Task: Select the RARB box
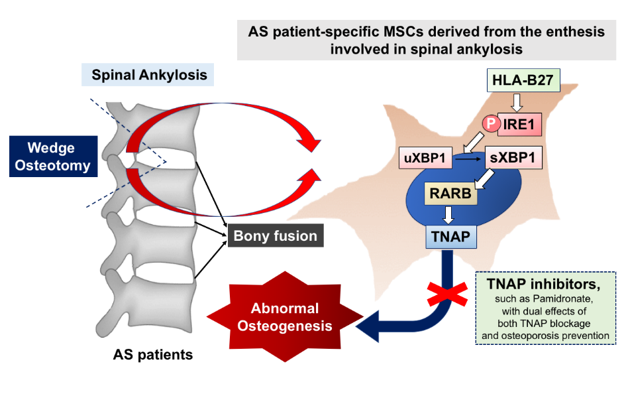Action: coord(450,194)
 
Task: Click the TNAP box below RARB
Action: coord(450,235)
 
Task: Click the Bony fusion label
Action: coord(275,235)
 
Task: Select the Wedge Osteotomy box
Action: coord(54,157)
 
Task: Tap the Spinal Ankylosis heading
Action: coord(149,75)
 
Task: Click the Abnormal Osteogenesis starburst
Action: coord(284,317)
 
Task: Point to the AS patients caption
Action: coord(152,355)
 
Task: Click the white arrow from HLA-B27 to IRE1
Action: coord(517,101)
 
